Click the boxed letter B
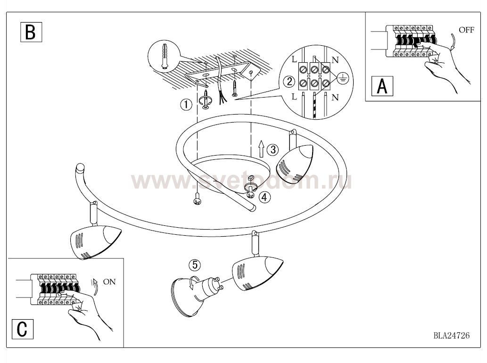coord(31,32)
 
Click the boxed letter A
coord(382,86)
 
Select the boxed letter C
coord(22,329)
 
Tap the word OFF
coord(467,30)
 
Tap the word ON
coord(109,282)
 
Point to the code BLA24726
coord(452,335)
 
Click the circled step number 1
coord(186,104)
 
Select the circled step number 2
coord(289,82)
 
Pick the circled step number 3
coord(272,149)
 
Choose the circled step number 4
coord(264,197)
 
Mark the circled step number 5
coord(195,265)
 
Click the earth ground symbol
coord(343,78)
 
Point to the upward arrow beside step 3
coord(261,148)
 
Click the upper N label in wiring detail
coord(335,60)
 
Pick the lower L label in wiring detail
coord(295,97)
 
